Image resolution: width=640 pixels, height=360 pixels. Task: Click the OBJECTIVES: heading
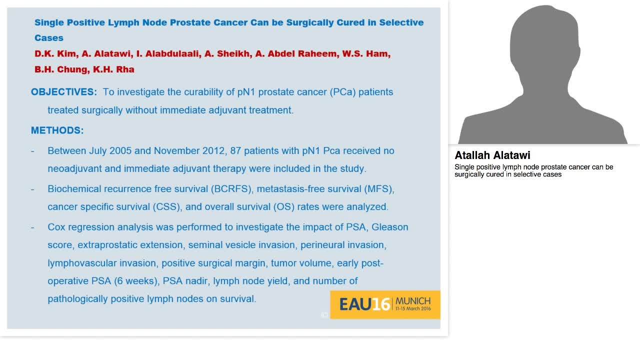coord(64,92)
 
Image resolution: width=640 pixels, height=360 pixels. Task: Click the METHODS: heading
coord(57,130)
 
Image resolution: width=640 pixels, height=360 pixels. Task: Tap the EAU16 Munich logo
coord(385,304)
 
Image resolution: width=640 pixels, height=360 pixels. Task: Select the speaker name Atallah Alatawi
coord(492,155)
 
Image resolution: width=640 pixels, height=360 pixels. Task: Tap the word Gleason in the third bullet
coord(389,227)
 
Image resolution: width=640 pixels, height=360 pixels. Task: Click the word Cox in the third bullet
coord(56,227)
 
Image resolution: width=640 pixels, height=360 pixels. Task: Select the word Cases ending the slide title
coord(48,38)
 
